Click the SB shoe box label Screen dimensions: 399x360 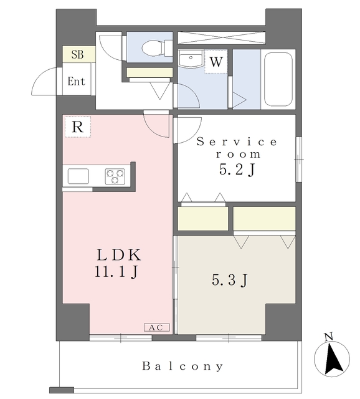click(78, 54)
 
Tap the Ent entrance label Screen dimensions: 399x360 click(77, 81)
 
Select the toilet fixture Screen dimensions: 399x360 click(151, 47)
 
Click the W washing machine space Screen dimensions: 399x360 click(216, 62)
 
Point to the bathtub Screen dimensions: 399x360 click(278, 80)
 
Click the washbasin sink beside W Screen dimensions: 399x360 click(189, 59)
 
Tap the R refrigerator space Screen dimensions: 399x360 click(77, 127)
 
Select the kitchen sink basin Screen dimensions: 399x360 click(78, 176)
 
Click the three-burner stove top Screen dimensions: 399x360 click(115, 176)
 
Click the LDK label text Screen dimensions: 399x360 click(119, 255)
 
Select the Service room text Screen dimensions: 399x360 click(237, 148)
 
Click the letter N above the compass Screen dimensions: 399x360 click(329, 337)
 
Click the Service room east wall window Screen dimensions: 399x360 click(298, 159)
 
